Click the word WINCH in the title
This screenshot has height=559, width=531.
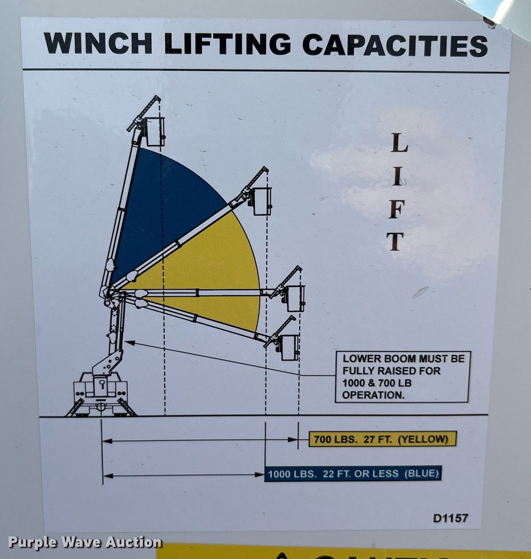coord(98,43)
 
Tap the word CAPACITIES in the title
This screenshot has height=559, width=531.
coord(395,45)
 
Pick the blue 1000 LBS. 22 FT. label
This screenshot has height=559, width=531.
coord(353,473)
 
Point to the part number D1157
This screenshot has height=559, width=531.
coord(450,517)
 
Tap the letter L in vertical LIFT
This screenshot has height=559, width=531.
coord(399,143)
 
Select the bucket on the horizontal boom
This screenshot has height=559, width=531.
coord(295,298)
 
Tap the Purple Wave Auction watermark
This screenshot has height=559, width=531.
coord(85,542)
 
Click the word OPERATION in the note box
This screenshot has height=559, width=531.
coord(373,395)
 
